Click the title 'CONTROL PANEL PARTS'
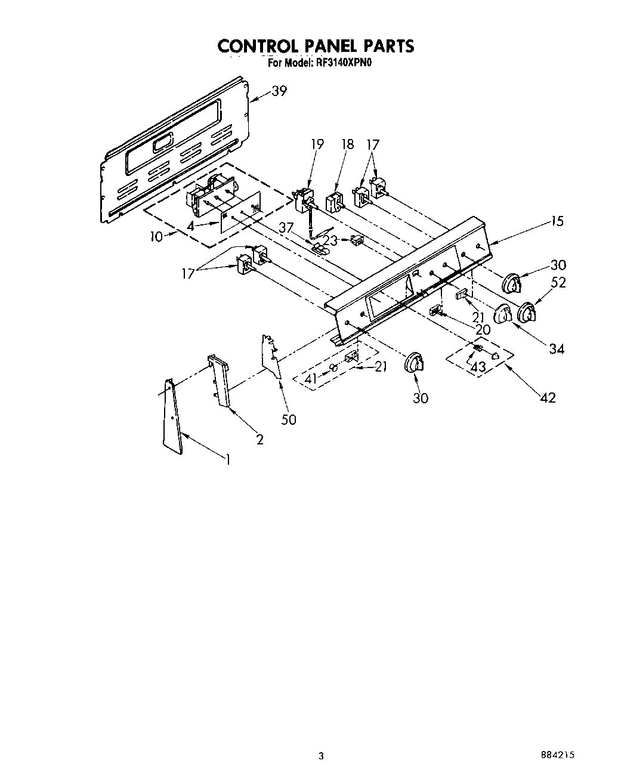[316, 46]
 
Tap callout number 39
[279, 91]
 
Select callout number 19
[317, 144]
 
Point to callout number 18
[347, 144]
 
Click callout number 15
[557, 221]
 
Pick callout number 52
[558, 283]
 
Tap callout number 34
[556, 348]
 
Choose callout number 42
[548, 397]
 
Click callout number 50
[288, 419]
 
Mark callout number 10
[156, 236]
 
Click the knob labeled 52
[526, 311]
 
